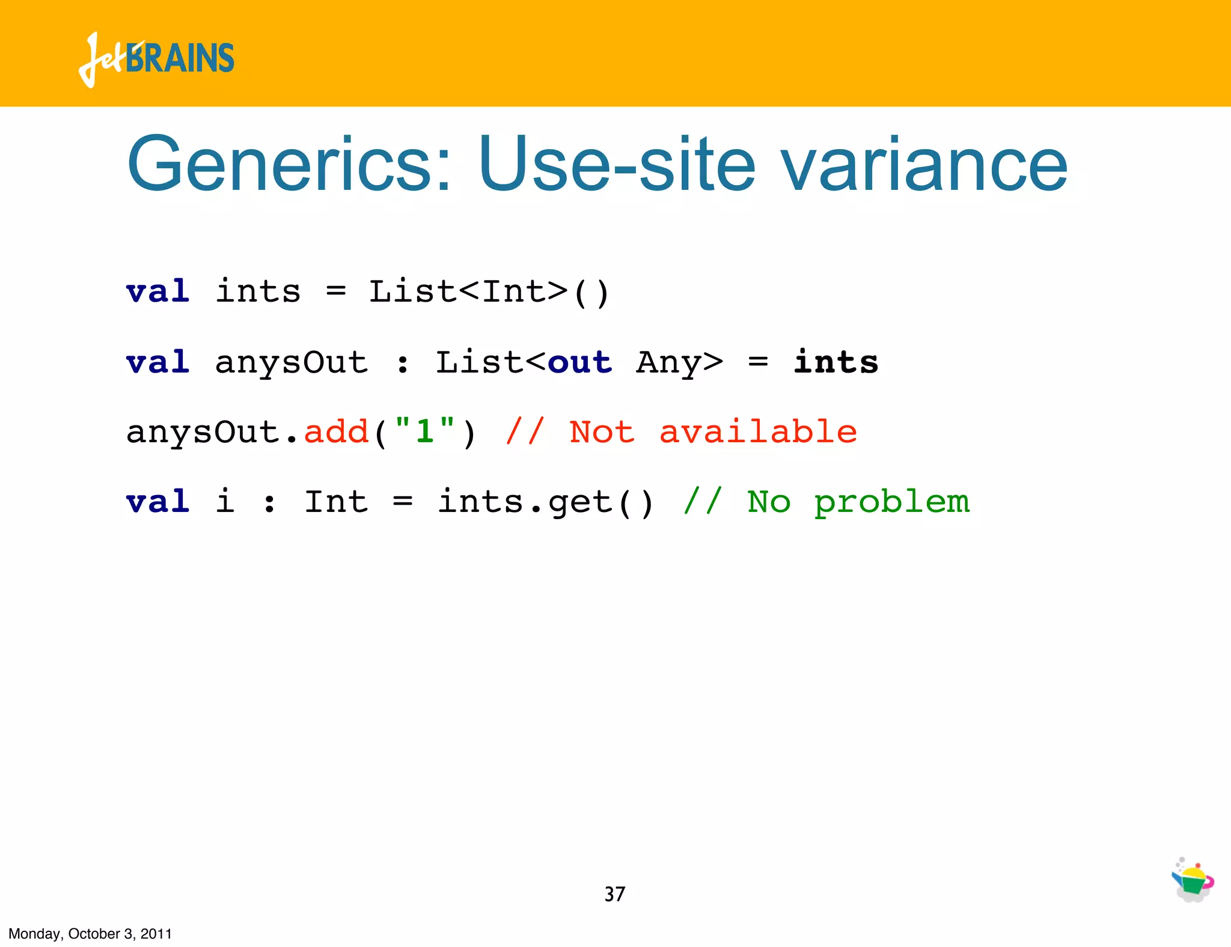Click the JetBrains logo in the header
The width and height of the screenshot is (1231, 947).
(156, 59)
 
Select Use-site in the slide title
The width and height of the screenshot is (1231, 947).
(616, 164)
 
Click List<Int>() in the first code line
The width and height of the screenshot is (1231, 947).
(489, 293)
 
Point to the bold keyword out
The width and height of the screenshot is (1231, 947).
(579, 362)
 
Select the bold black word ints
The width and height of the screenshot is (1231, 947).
(835, 362)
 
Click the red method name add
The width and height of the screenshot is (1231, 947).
(336, 432)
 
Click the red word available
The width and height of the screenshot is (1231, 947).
(758, 432)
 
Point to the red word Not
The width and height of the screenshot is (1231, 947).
(602, 432)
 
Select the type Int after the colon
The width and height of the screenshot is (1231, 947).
(336, 502)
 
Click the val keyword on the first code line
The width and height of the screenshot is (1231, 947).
(158, 292)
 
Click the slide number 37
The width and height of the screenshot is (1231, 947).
(614, 894)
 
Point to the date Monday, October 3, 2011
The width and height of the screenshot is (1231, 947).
(90, 934)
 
